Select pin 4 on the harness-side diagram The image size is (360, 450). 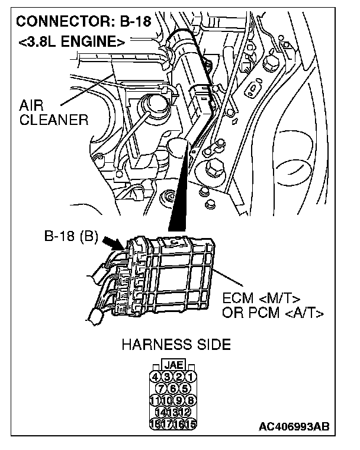click(156, 376)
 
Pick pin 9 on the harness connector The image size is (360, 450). click(180, 400)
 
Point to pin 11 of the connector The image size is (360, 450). click(156, 400)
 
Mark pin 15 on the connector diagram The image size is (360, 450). click(192, 423)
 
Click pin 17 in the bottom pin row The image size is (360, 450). click(168, 423)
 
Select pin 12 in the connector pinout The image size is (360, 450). click(186, 412)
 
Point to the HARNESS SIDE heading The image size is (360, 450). click(176, 345)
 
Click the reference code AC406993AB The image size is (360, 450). click(294, 426)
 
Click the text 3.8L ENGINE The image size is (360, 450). click(71, 41)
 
